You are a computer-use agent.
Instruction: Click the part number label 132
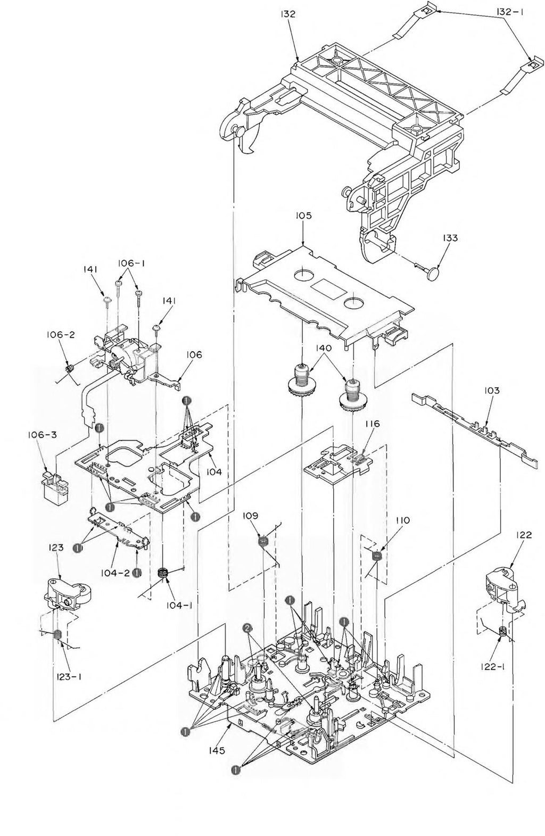289,14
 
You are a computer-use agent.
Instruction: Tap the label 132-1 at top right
509,11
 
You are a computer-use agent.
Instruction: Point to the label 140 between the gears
323,349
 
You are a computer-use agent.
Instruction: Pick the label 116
372,424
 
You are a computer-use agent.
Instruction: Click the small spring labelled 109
262,542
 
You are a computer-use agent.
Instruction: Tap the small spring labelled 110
377,556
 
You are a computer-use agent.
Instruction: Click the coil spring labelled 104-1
163,573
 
